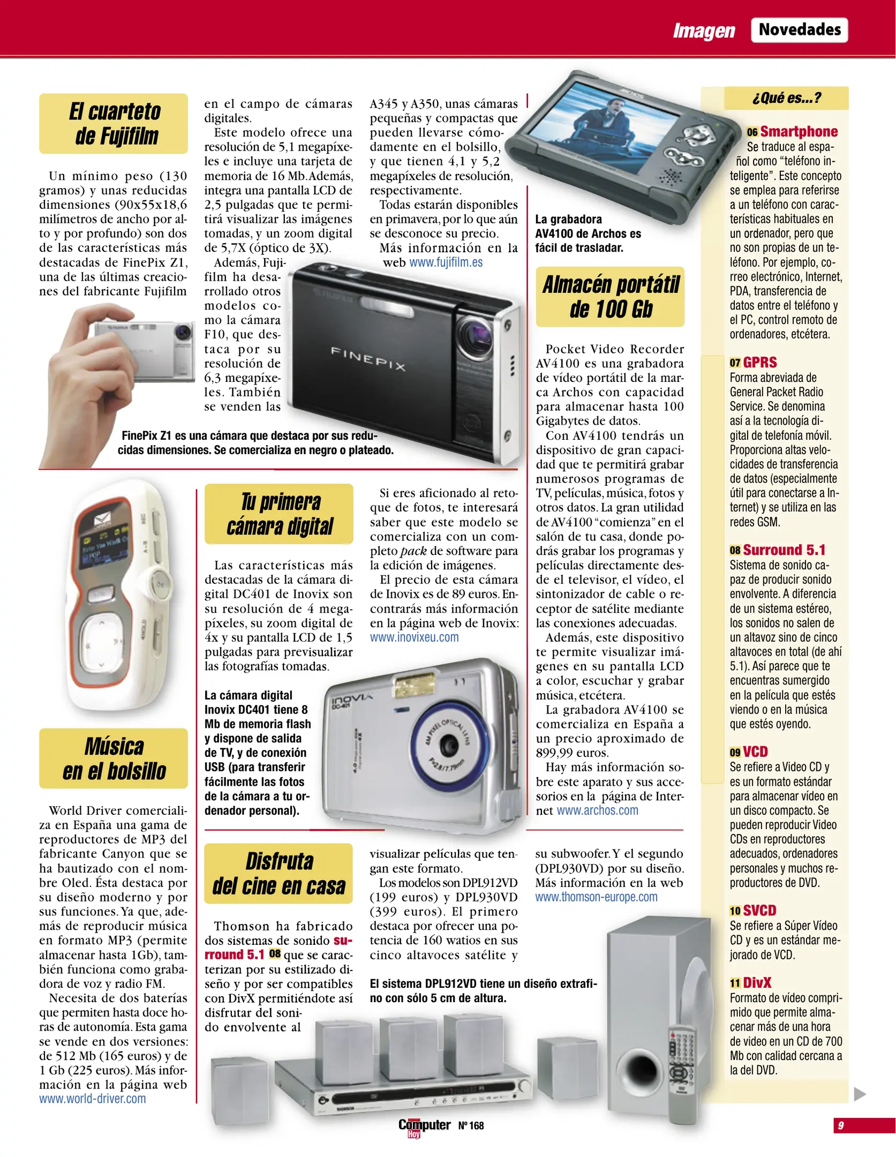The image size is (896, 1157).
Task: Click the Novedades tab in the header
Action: pyautogui.click(x=799, y=30)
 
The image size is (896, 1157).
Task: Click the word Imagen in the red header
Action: pyautogui.click(x=704, y=31)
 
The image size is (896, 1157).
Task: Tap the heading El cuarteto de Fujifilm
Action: pyautogui.click(x=114, y=124)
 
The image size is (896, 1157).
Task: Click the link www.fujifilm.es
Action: pyautogui.click(x=446, y=262)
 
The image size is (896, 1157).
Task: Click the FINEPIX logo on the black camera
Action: pyautogui.click(x=368, y=358)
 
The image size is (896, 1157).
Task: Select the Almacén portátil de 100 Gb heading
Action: pyautogui.click(x=610, y=297)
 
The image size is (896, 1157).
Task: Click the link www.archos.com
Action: pyautogui.click(x=597, y=810)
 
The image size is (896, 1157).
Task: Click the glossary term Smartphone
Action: pyautogui.click(x=799, y=132)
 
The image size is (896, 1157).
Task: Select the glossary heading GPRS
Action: pyautogui.click(x=759, y=363)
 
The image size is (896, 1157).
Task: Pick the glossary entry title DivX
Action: pyautogui.click(x=757, y=983)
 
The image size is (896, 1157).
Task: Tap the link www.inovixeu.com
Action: pyautogui.click(x=414, y=637)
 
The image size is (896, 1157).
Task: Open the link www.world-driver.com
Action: pyautogui.click(x=92, y=1099)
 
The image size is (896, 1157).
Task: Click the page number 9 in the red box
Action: pyautogui.click(x=840, y=1125)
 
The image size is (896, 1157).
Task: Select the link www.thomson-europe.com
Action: pyautogui.click(x=596, y=897)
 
